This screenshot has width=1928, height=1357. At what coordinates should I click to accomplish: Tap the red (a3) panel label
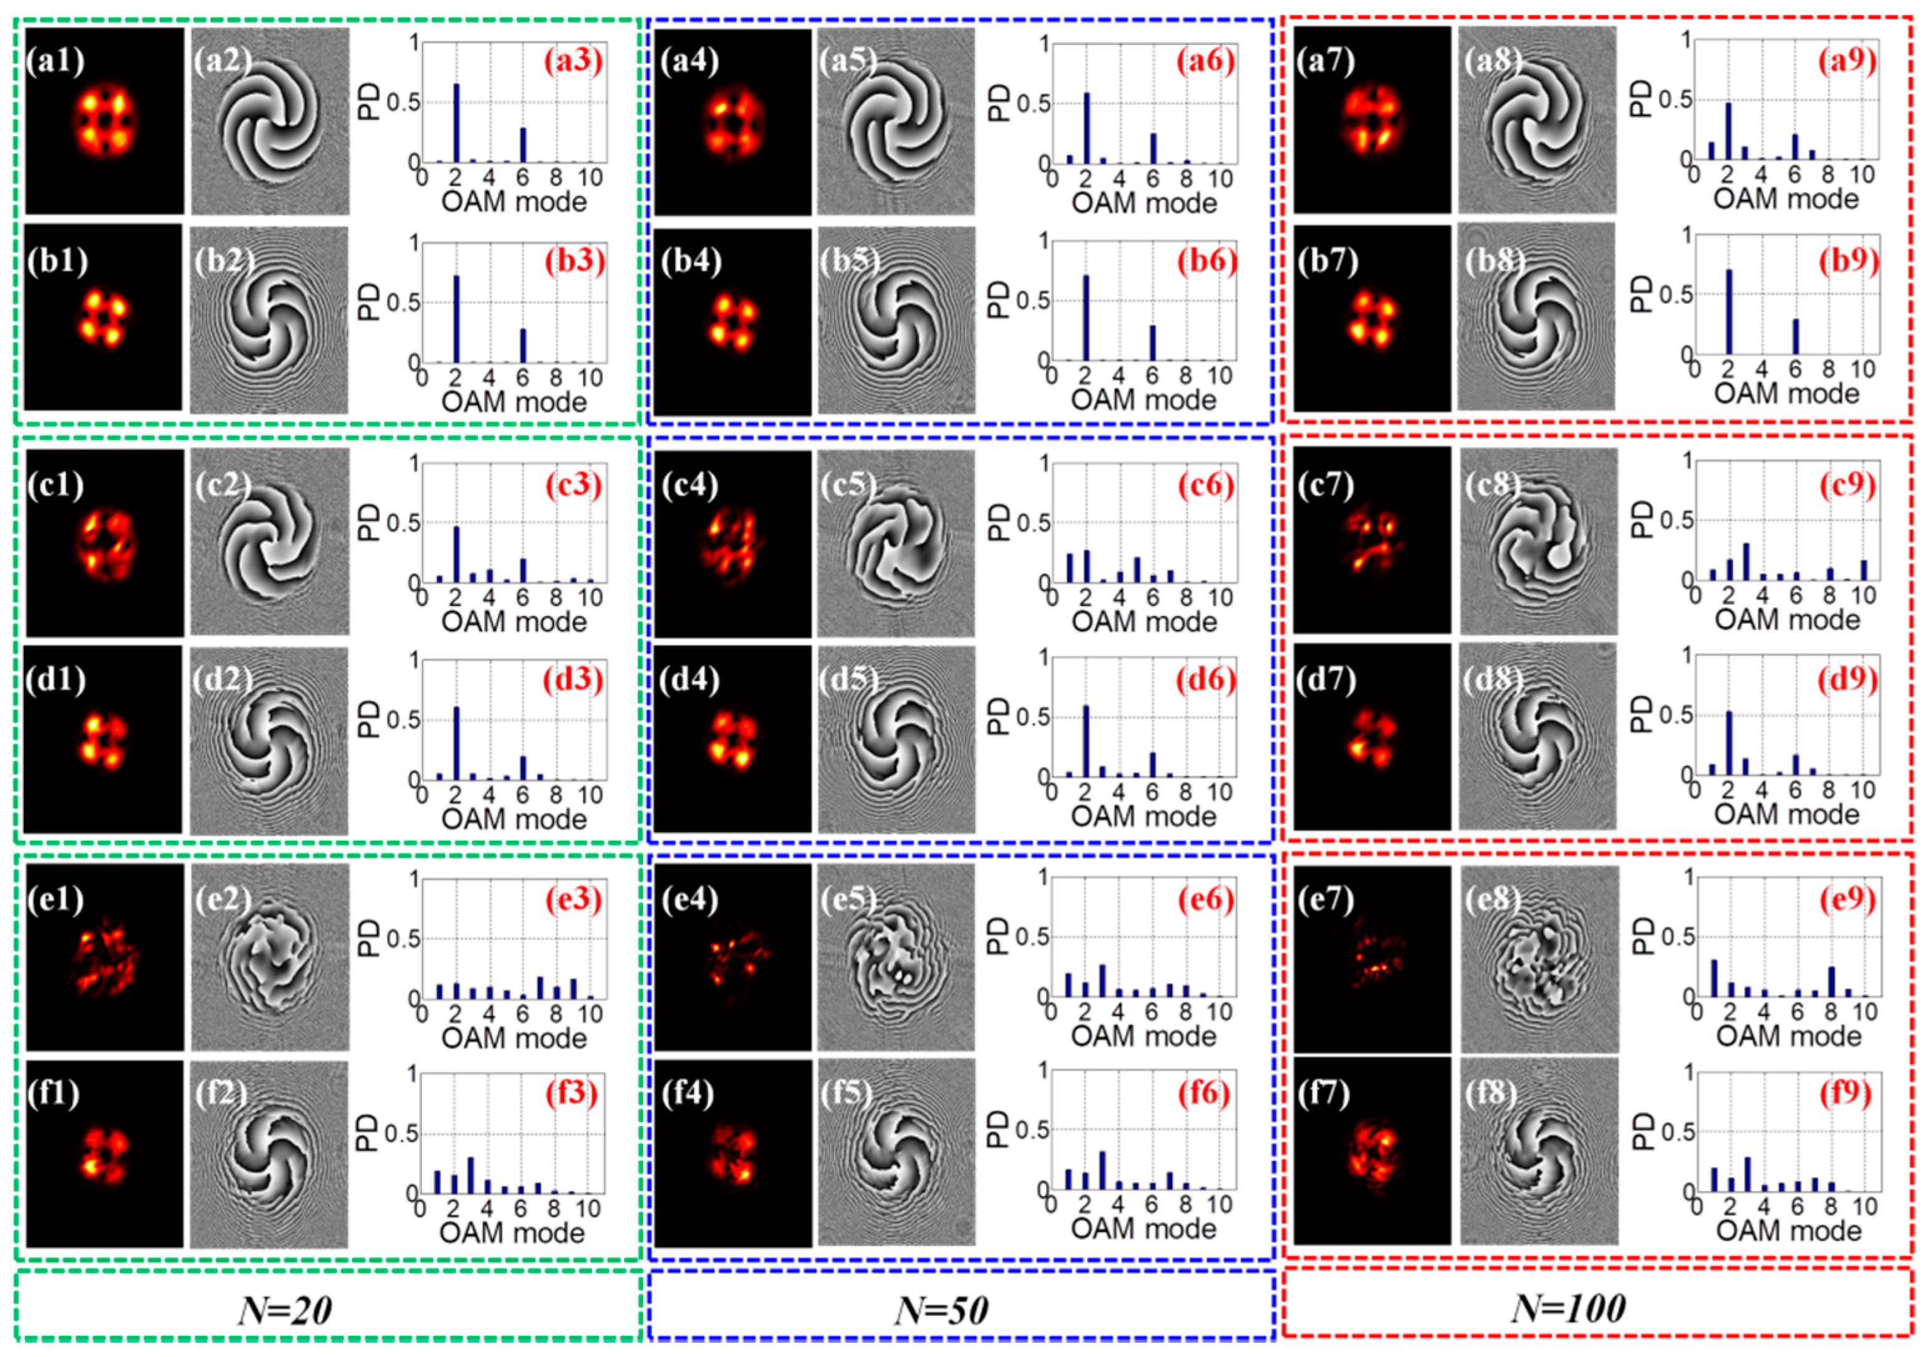click(574, 62)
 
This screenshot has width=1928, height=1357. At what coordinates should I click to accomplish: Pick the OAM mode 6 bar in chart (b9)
click(1795, 336)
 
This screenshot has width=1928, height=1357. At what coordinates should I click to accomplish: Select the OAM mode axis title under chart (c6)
click(1143, 622)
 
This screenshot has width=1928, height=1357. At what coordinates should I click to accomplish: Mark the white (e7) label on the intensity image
click(1326, 900)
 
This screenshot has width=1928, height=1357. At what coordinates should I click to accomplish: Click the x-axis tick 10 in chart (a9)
click(1862, 175)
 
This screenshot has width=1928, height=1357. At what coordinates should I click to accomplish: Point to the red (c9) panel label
click(1848, 486)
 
